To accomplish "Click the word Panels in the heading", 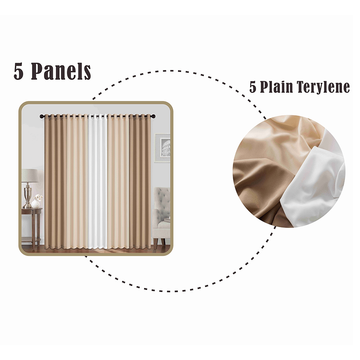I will (61, 71).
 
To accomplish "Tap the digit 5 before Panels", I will (19, 72).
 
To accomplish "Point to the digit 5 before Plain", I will (253, 87).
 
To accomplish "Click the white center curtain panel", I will (97, 180).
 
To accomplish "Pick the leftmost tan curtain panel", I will (53, 180).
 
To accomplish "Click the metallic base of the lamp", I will (28, 198).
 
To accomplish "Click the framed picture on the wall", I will (163, 148).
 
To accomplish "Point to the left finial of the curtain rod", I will (42, 116).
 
